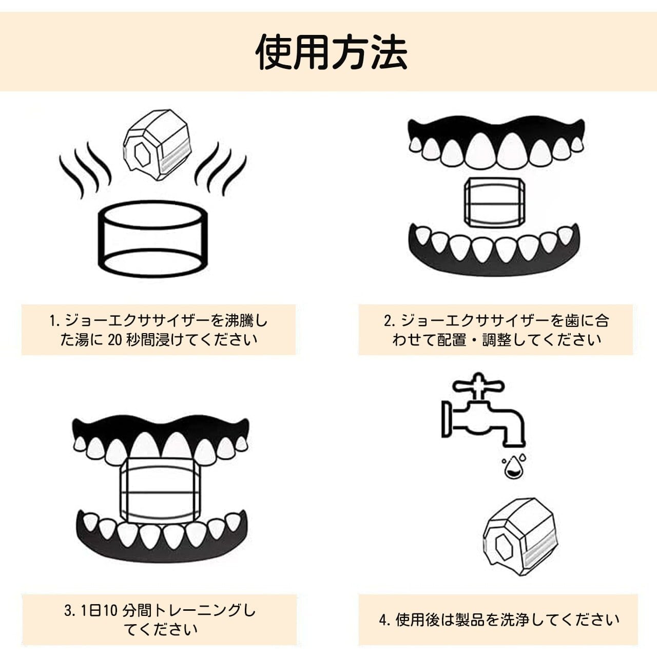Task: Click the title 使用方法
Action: point(331,52)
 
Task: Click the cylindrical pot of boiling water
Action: point(152,239)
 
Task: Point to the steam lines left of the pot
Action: point(85,169)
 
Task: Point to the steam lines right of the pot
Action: point(221,169)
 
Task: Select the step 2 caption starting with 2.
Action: point(496,330)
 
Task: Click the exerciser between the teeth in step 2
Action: point(494,202)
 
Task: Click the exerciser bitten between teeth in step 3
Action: point(160,490)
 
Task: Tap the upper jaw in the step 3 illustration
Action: point(161,436)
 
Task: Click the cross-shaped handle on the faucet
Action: point(478,385)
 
